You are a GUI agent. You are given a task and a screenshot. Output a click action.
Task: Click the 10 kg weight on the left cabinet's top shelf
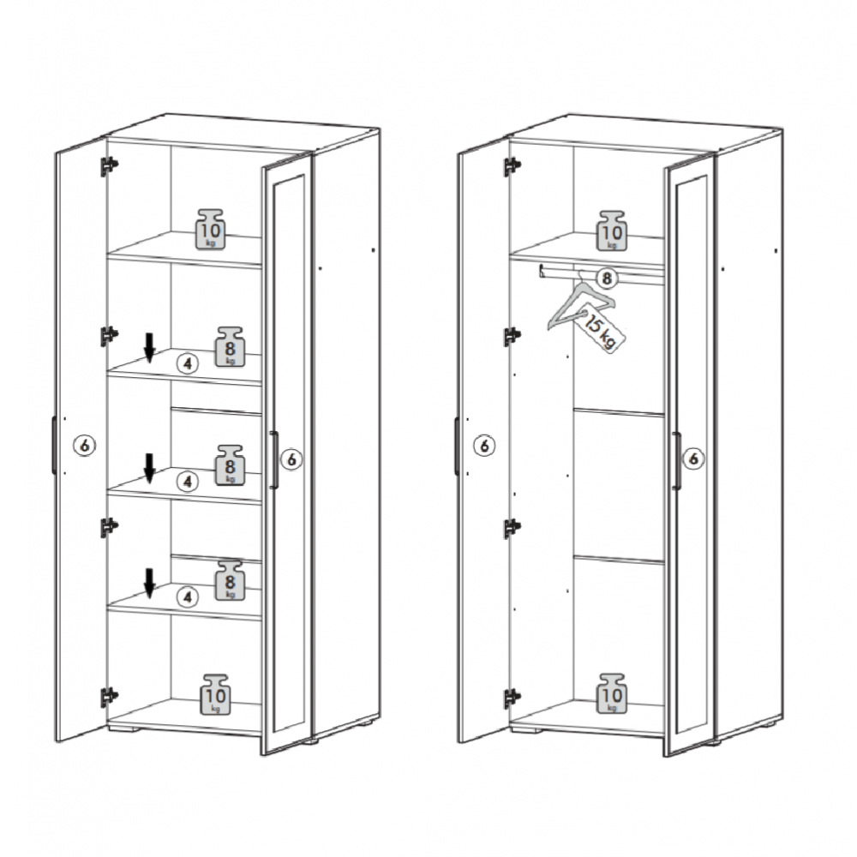tap(211, 229)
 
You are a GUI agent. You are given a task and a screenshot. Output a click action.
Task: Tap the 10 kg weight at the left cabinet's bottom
tap(215, 694)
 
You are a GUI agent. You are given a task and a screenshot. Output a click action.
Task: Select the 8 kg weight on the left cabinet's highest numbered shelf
tap(230, 346)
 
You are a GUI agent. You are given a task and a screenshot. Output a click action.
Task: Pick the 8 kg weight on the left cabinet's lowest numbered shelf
tap(230, 580)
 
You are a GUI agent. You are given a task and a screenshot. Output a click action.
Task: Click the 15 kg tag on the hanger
tap(602, 327)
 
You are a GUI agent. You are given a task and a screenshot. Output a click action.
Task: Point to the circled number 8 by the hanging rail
tap(606, 279)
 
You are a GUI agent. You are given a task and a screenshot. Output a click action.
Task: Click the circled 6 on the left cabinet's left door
tap(84, 446)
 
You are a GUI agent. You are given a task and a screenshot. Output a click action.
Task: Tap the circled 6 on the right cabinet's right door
tap(693, 458)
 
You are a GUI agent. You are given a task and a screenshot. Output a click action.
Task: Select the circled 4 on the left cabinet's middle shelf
tap(188, 482)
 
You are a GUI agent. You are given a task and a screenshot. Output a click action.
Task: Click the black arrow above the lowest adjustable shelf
tap(149, 583)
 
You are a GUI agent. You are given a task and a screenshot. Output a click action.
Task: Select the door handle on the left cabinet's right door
tap(274, 459)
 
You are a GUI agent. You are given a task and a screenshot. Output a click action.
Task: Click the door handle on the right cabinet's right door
tap(677, 460)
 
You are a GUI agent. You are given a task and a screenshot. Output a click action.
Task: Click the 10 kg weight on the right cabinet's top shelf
tap(612, 231)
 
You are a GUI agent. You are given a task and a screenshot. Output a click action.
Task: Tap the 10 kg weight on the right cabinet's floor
tap(612, 693)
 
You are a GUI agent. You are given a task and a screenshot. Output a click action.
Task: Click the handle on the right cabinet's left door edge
tap(457, 446)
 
